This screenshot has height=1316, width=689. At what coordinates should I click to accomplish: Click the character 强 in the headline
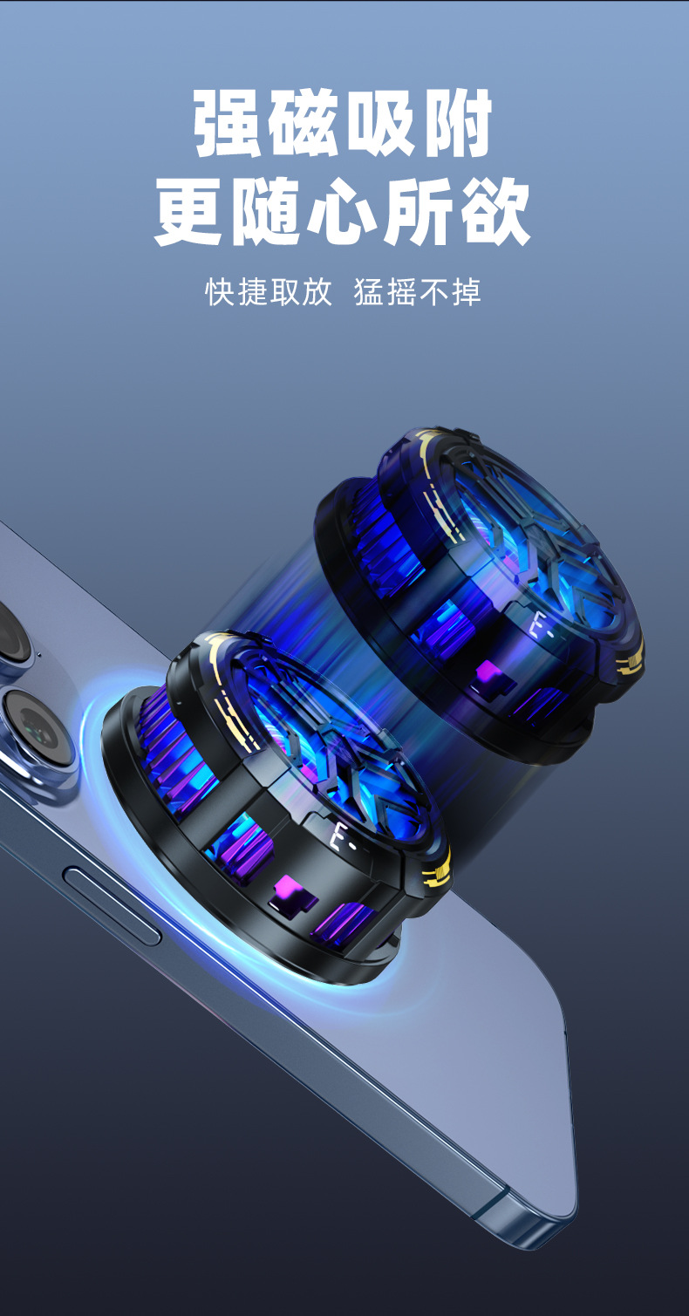point(228,123)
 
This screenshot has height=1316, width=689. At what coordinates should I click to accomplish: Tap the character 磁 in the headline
point(304,123)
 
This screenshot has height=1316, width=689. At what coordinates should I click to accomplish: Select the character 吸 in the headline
point(380,123)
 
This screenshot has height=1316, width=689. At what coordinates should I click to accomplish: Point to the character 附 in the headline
point(458,123)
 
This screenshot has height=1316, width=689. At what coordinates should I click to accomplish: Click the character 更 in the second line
point(189,212)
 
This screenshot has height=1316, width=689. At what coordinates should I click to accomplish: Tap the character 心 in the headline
point(343,212)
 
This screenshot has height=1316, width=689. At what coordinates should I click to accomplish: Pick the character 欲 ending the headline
point(495,212)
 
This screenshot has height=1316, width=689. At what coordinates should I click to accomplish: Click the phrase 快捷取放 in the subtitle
point(269,292)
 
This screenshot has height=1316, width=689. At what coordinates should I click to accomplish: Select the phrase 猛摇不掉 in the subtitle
point(418,292)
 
